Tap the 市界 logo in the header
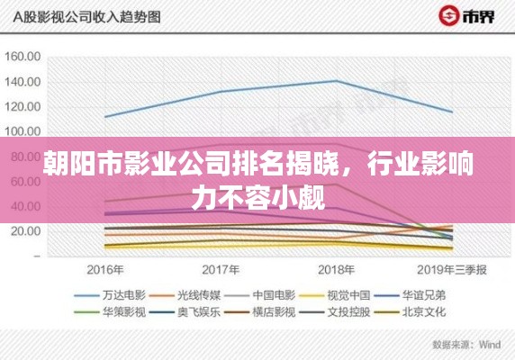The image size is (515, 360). coord(469,16)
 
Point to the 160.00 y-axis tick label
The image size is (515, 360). coord(23,57)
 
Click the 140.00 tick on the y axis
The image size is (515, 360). coord(23,82)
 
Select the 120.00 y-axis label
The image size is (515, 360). coord(23,107)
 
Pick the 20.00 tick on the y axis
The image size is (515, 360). coord(23,231)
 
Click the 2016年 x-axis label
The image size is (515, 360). coord(105,269)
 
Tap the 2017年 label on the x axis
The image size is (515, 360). coord(221,269)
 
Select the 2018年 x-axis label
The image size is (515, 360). coord(336,269)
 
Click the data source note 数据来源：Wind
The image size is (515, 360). coord(465,345)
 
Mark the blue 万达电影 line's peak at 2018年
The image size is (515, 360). coord(336,81)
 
